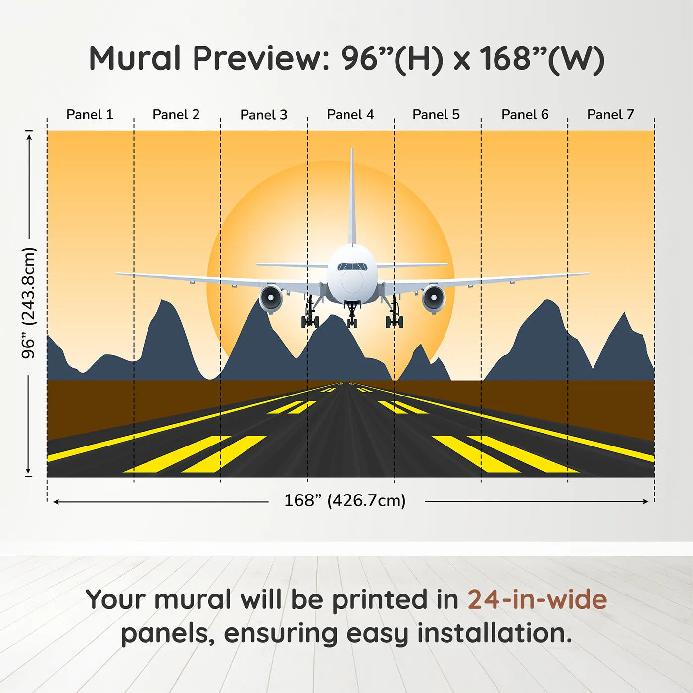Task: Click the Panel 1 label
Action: (x=90, y=115)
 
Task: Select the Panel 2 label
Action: (x=176, y=115)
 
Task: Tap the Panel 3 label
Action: (x=263, y=115)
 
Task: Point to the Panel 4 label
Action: (x=350, y=115)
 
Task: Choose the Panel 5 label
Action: (x=436, y=115)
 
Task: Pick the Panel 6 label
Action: (x=525, y=115)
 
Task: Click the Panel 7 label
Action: (x=610, y=115)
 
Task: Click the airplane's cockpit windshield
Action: (x=352, y=267)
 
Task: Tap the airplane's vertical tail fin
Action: (x=352, y=198)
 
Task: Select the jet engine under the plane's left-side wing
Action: (x=271, y=298)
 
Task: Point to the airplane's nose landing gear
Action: (x=352, y=316)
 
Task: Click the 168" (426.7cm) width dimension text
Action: (x=345, y=501)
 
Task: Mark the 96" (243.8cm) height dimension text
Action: (x=29, y=303)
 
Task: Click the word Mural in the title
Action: (x=135, y=58)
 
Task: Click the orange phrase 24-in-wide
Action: (x=537, y=599)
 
